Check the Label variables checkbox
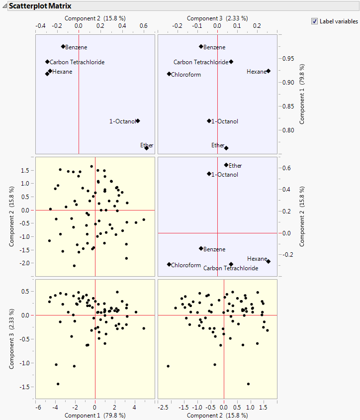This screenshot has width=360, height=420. click(314, 21)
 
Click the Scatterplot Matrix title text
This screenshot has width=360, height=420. click(40, 6)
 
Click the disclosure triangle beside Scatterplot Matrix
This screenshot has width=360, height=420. click(4, 6)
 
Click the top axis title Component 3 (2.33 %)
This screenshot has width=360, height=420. click(217, 18)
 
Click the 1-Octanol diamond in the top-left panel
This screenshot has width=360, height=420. click(138, 121)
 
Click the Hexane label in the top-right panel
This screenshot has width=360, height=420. click(257, 72)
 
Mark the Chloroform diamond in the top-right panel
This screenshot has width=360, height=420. click(169, 74)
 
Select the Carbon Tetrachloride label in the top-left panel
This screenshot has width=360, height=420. click(77, 62)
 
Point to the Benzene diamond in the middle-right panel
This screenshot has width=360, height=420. click(201, 248)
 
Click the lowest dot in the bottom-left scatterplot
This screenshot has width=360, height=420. click(58, 384)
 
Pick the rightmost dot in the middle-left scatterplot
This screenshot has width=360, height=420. click(144, 219)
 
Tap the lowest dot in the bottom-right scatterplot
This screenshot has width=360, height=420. click(248, 384)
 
